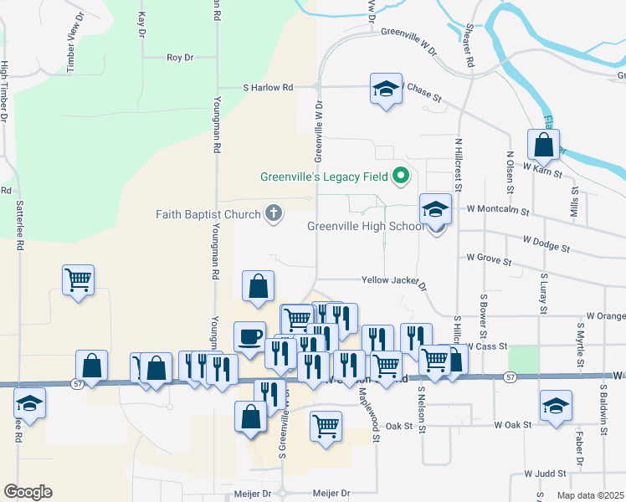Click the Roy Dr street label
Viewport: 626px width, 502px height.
[179, 58]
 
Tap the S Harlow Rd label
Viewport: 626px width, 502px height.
[268, 87]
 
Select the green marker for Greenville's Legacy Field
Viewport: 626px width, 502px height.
[400, 177]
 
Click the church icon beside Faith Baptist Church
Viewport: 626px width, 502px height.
[272, 214]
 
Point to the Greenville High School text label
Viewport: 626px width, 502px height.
[366, 227]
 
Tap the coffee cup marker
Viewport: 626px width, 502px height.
[249, 337]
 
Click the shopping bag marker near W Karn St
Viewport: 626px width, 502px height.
[544, 145]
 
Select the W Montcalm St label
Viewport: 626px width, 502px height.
[498, 209]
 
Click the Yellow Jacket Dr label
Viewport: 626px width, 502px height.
[393, 281]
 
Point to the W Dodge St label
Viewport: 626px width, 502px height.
[546, 243]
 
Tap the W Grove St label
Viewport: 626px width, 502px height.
[489, 260]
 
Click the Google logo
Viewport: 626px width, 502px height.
[28, 492]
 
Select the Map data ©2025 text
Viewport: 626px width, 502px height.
[590, 495]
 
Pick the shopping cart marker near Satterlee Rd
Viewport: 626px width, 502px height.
[79, 281]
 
